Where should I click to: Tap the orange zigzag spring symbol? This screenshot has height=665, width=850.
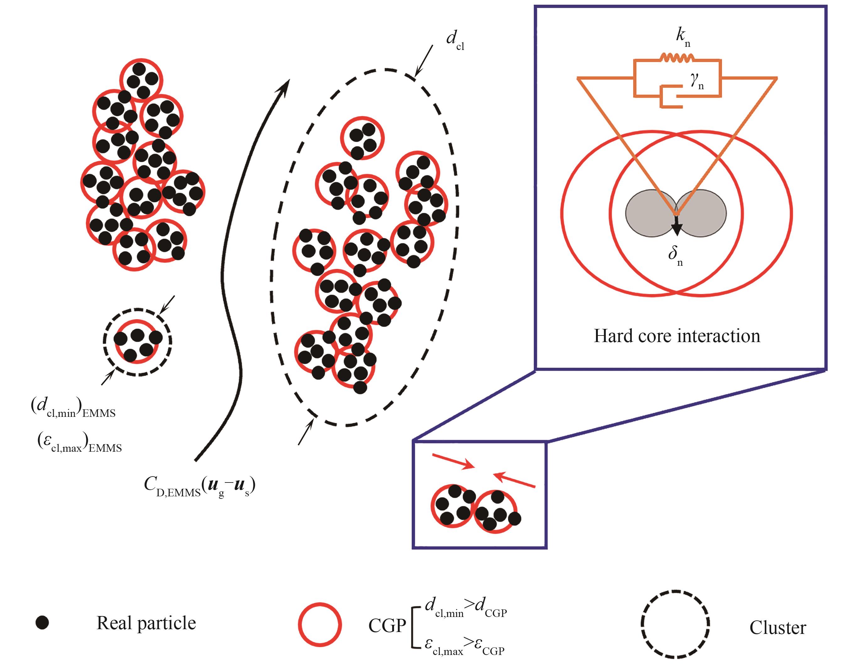677,58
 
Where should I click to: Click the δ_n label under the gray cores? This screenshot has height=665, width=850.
676,257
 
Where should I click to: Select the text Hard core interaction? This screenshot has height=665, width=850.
676,335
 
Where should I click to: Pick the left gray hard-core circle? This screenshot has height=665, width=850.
648,213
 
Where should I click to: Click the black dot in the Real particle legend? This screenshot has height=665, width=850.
42,623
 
